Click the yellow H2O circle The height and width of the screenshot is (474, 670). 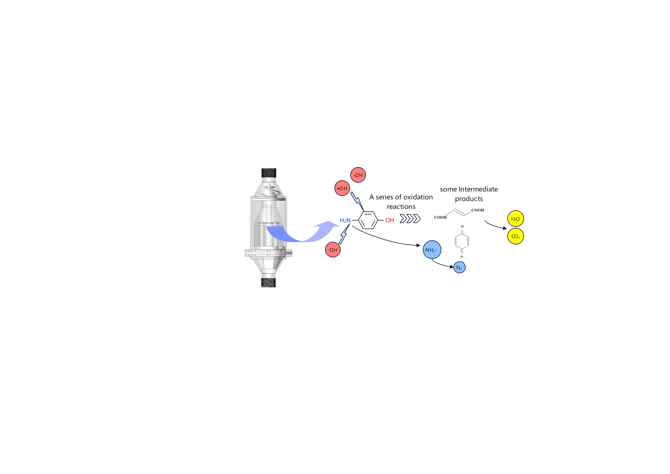pos(515,219)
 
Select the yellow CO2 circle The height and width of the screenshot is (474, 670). pos(515,236)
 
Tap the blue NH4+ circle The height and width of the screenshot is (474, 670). pos(432,250)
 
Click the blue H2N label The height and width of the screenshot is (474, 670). pos(345,221)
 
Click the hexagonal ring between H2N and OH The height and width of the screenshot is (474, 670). pos(368,220)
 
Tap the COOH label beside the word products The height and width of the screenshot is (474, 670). pos(477,210)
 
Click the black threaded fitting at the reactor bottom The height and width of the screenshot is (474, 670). pos(268,282)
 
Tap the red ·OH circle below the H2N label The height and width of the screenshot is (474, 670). pos(333,250)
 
